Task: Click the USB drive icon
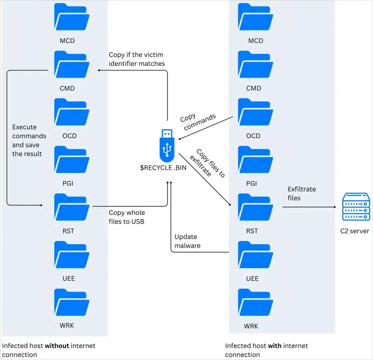(167, 146)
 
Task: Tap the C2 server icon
(356, 207)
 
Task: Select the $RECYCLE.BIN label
(163, 168)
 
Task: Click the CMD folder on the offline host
(72, 64)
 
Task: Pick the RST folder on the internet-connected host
(256, 207)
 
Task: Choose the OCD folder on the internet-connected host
(256, 112)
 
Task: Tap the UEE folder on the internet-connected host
(256, 254)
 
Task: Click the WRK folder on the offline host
(72, 302)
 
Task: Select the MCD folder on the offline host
(72, 16)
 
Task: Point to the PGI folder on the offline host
(72, 159)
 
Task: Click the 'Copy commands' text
(198, 121)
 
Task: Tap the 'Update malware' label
(187, 241)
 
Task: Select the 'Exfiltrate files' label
(302, 194)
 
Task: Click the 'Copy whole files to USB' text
(126, 217)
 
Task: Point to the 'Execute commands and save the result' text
(29, 140)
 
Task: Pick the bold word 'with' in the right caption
(274, 345)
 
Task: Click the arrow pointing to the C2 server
(309, 207)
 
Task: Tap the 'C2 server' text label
(355, 231)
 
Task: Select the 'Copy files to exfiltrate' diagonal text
(208, 163)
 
